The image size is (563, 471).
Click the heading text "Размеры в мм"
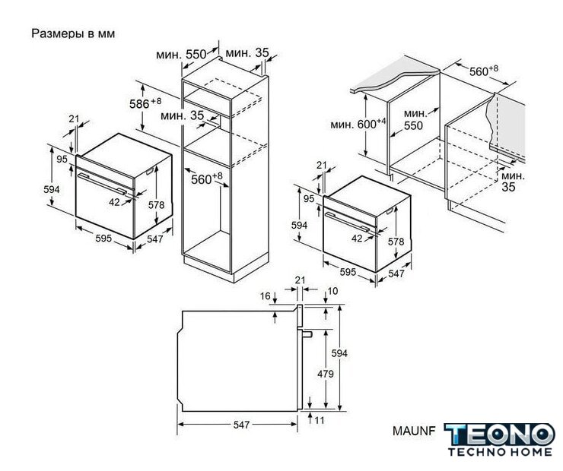pos(73,33)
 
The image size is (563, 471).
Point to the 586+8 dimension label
pos(145,103)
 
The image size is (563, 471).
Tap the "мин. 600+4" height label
pos(358,124)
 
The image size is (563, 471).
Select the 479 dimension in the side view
pos(326,374)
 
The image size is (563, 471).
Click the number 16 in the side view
pos(265,296)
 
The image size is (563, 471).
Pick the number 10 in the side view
pos(332,291)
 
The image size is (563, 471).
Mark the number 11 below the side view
pos(320,420)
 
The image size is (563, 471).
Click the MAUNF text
pos(414,431)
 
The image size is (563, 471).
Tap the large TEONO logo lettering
pos(499,435)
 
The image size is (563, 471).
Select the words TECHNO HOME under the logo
pos(500,452)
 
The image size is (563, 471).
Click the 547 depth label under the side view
pos(241,425)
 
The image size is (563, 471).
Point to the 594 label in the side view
pos(339,353)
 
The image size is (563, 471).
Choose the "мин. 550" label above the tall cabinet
pos(181,55)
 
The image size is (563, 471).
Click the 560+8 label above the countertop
pos(484,71)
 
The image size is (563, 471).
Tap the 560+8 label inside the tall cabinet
pos(206,179)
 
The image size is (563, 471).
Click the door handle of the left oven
pos(102,185)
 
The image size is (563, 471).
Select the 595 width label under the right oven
pos(348,272)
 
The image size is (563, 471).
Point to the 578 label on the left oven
pos(156,204)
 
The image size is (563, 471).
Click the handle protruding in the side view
pos(307,334)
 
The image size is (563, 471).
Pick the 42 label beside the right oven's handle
pos(357,238)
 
